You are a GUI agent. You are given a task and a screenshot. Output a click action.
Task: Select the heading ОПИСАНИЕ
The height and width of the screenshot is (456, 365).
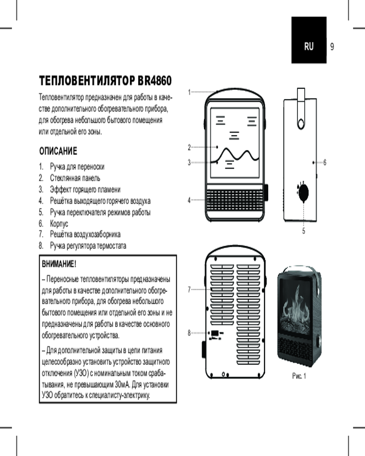coord(58,150)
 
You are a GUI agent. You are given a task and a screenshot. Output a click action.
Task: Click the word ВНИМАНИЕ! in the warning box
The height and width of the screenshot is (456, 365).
coord(59,264)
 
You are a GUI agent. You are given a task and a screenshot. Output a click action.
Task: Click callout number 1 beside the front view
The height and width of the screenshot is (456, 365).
coord(189,92)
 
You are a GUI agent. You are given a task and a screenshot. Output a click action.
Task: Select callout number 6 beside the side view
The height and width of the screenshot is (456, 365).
coord(324,162)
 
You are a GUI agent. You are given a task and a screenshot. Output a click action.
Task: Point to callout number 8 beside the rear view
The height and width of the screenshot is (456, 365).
coord(189,333)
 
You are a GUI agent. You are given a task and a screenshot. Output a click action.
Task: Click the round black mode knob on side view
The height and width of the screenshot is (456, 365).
coord(303,192)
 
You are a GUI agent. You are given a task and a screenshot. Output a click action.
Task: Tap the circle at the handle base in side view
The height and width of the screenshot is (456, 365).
coord(301,123)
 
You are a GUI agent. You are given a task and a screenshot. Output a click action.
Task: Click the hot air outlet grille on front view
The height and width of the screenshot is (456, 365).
coord(235,200)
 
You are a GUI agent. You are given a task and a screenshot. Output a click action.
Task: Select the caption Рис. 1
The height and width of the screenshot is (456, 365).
coord(299,376)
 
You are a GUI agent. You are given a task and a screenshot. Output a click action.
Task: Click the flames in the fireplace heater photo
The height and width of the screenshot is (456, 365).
coord(299,303)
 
